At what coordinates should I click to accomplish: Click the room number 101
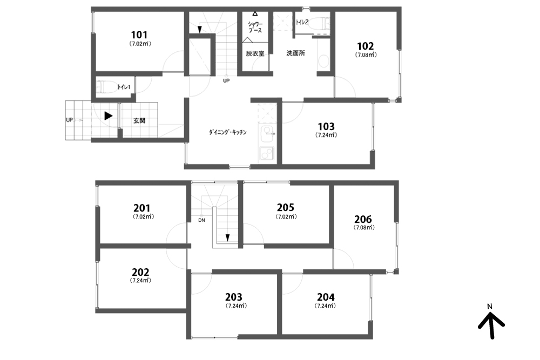point(139,35)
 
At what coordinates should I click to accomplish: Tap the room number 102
point(366,46)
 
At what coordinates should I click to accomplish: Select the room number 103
point(326,126)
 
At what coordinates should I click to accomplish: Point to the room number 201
point(142,208)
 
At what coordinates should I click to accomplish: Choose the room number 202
point(140,272)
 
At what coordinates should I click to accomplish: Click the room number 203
point(234,297)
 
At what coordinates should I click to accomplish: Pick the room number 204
point(326,297)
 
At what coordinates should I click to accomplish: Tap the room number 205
point(286,207)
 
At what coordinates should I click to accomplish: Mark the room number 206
point(363,219)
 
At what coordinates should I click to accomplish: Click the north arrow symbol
point(491,324)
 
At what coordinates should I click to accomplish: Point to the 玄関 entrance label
point(139,121)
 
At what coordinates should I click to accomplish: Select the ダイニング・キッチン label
point(228,132)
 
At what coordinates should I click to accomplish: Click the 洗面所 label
point(295,53)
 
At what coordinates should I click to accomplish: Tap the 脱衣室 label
point(255,53)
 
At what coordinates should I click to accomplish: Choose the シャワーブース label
point(255,27)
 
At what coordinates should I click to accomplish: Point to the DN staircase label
point(201,220)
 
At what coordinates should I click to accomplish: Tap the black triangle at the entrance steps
point(109,116)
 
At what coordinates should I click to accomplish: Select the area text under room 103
point(326,135)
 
